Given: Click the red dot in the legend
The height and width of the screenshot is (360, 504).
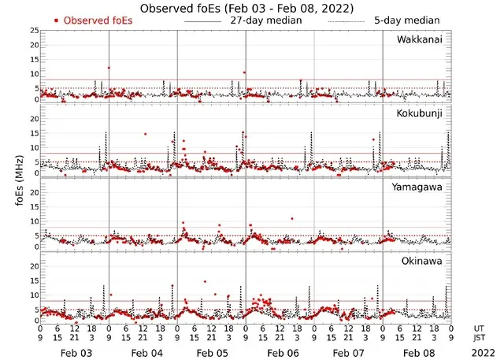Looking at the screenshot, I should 57,20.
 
